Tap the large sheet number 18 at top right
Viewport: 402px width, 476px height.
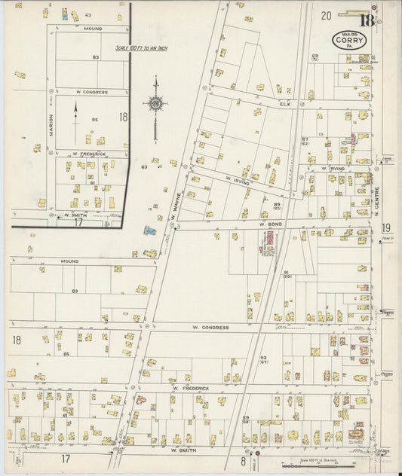click(367, 20)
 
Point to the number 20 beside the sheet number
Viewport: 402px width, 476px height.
click(326, 15)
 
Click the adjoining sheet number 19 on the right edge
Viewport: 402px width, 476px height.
click(386, 227)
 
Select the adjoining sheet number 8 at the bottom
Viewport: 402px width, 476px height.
click(244, 459)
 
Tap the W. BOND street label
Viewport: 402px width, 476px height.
click(269, 224)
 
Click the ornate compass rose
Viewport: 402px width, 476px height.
click(155, 104)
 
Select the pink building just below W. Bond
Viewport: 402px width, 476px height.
click(268, 240)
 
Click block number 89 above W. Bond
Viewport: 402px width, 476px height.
click(277, 205)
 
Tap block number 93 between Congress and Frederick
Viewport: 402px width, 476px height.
click(263, 359)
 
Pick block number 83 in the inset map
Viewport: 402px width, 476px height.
click(96, 57)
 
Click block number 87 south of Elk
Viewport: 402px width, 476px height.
click(305, 140)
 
